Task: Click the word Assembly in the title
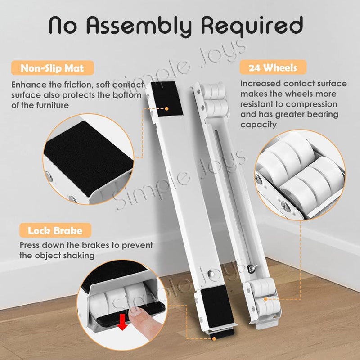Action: pos(139,26)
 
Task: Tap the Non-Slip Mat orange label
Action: pos(52,68)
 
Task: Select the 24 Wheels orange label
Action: pos(273,67)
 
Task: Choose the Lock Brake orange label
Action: pos(55,230)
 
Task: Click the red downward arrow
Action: pos(123,322)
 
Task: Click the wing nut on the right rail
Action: pos(252,268)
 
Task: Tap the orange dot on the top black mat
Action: pos(166,108)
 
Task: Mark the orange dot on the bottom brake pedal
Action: pos(214,338)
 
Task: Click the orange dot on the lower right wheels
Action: pos(265,299)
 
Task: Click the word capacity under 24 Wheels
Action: pos(258,125)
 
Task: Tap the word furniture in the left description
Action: pos(52,105)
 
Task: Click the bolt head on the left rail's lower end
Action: pos(211,274)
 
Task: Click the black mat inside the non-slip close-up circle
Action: pos(88,158)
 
